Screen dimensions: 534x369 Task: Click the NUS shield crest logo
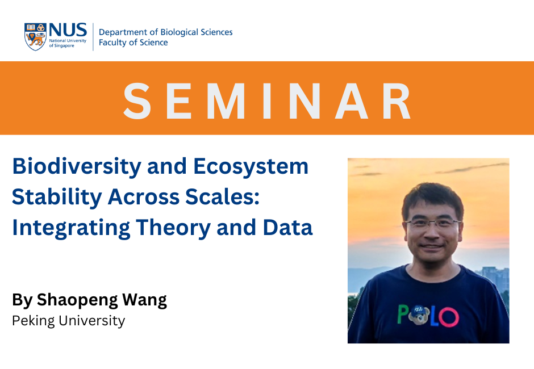tap(35, 37)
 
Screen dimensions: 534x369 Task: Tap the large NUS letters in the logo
tap(68, 30)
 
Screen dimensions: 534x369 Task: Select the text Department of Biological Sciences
tap(165, 32)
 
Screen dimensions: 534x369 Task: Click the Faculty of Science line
tap(133, 42)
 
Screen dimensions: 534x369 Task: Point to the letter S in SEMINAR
tap(137, 101)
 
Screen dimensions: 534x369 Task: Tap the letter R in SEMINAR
tap(397, 101)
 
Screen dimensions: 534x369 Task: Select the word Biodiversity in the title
tap(77, 167)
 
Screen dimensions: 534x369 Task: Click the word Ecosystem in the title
tap(251, 167)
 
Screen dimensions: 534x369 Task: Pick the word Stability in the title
tap(57, 197)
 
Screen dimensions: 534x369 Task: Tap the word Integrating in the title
tap(71, 228)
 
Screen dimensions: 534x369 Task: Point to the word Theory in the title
tap(173, 228)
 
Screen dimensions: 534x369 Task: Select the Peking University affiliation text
tap(68, 321)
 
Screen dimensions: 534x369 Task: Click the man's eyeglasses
tap(433, 224)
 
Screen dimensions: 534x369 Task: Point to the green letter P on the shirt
tap(404, 314)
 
